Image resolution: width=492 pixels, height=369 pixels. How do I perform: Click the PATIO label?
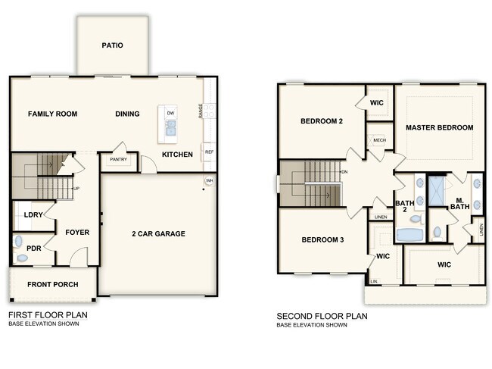112,45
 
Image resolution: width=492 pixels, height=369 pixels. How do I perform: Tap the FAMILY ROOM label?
53,114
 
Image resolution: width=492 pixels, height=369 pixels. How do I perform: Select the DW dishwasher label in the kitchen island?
171,113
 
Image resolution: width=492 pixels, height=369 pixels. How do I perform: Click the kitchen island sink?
171,128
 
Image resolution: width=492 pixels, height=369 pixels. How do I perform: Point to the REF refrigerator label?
209,152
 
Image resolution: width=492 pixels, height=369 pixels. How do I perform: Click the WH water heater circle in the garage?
209,180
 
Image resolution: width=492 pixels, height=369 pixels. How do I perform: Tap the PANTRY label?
118,160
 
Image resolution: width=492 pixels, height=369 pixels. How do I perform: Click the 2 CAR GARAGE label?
158,233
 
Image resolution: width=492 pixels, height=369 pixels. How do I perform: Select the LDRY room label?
33,214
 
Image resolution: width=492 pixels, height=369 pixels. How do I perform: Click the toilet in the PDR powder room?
18,241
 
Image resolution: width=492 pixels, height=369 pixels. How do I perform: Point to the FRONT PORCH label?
53,285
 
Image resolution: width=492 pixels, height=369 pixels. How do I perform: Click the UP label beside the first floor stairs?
76,189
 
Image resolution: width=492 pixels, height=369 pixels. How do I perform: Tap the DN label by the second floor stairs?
344,172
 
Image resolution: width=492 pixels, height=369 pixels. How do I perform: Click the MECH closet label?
380,140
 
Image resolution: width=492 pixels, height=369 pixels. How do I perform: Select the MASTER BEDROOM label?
440,127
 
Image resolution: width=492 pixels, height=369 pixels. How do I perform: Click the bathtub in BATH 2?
409,235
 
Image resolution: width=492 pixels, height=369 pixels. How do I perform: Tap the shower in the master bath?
437,191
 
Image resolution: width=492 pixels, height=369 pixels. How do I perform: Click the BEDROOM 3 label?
322,240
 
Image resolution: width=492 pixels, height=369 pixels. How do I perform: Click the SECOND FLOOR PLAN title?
322,316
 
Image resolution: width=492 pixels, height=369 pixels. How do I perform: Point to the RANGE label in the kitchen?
200,111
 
